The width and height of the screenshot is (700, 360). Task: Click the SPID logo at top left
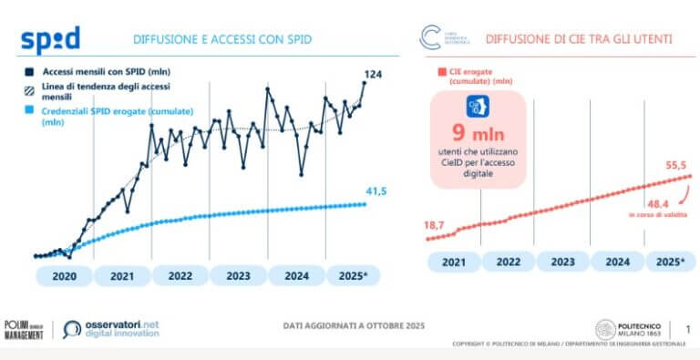[50, 40]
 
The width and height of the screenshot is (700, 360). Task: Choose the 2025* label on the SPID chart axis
[353, 275]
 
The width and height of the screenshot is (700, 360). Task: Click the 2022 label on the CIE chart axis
[507, 262]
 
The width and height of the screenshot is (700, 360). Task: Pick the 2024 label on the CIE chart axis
[618, 262]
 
